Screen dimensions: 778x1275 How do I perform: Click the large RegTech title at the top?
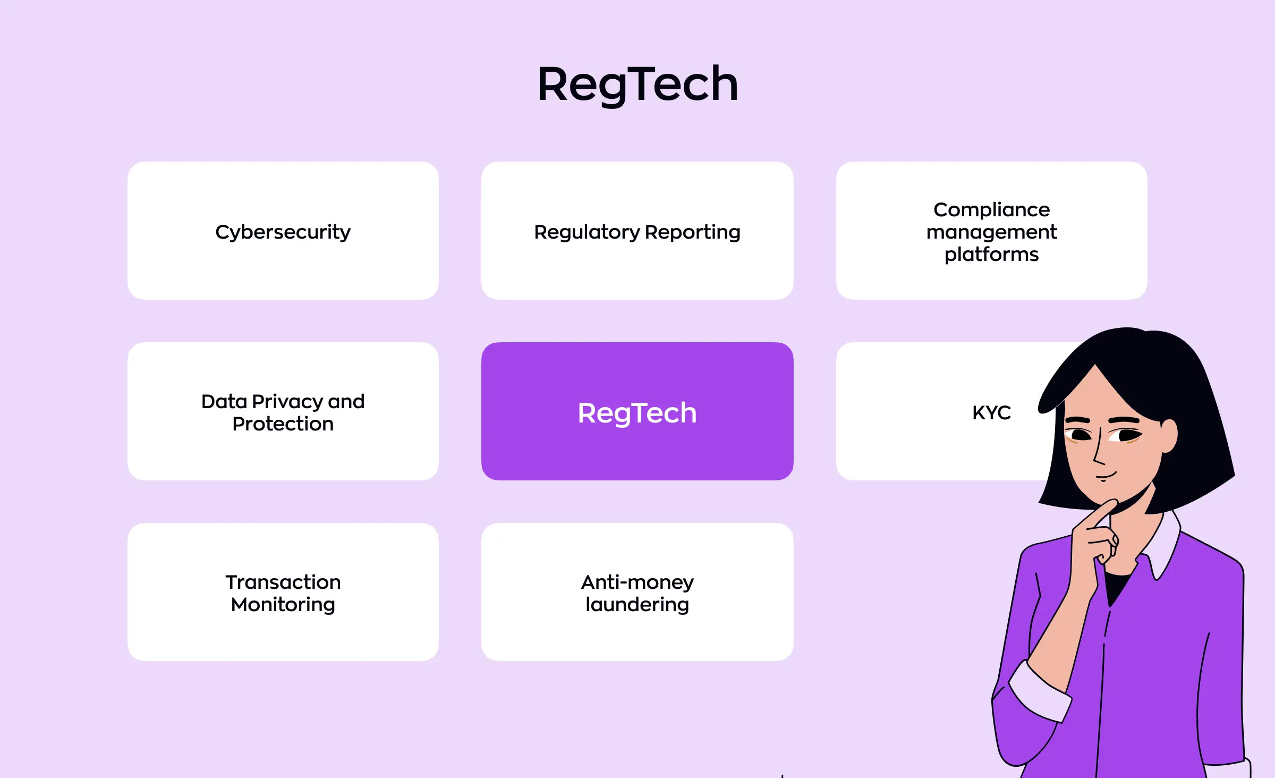tap(637, 84)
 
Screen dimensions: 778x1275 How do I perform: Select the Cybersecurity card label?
tap(283, 232)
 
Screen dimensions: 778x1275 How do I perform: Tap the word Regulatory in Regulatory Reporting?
tap(586, 232)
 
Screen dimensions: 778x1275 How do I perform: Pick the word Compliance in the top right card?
tap(991, 209)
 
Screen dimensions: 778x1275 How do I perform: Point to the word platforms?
tap(991, 255)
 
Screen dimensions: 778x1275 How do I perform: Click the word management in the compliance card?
tap(991, 232)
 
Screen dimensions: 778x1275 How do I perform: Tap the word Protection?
tap(283, 424)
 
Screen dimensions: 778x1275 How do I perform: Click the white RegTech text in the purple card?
tap(637, 413)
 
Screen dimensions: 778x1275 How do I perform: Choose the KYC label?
tap(991, 412)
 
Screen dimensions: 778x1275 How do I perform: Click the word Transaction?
tap(283, 582)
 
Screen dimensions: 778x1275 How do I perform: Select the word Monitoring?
tap(283, 605)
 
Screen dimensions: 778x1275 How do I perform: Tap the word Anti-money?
tap(637, 582)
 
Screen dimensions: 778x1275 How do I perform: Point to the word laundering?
tap(637, 605)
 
